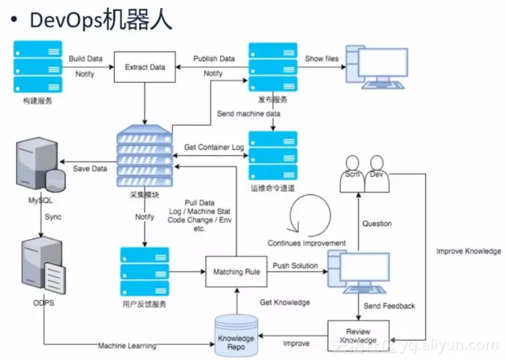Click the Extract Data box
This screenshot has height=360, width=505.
145,67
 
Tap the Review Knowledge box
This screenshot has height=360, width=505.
358,336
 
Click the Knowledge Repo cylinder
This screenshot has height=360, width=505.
236,337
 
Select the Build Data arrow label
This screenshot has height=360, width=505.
85,59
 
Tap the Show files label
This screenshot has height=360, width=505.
322,59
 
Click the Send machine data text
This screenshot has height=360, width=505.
248,114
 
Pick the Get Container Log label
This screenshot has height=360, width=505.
214,148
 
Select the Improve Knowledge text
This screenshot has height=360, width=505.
468,251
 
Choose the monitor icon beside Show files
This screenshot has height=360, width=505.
377,65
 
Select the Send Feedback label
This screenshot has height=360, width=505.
390,306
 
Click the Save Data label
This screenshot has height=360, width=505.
90,169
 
